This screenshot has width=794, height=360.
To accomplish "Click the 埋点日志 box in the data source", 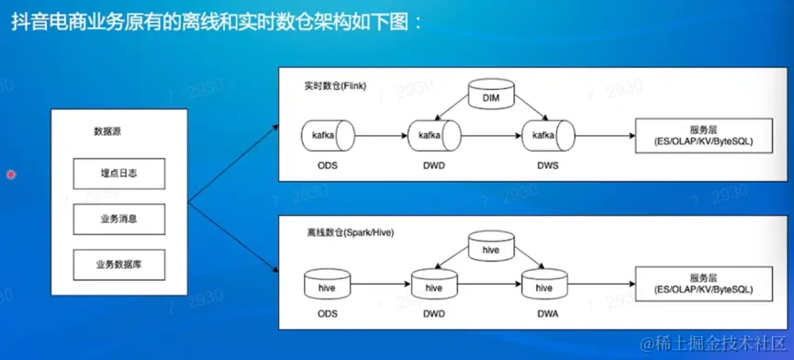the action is (x=119, y=174).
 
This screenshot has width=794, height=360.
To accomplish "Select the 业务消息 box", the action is (x=119, y=219).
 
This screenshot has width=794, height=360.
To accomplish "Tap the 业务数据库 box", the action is (x=119, y=264).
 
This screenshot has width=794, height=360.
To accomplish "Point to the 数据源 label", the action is (x=107, y=131).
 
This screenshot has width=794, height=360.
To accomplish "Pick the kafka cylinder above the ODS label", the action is (x=328, y=136).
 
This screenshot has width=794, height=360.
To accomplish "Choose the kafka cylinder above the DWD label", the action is (x=434, y=136).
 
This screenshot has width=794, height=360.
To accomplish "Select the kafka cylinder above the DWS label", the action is (x=548, y=136).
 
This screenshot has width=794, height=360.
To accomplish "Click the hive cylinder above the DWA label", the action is (x=544, y=285).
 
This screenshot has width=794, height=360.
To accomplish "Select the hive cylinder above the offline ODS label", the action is (x=327, y=285).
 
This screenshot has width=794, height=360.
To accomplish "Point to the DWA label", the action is (x=547, y=314).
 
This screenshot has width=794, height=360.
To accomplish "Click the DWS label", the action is (x=548, y=165).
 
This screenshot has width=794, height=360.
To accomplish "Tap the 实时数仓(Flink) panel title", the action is (x=331, y=86).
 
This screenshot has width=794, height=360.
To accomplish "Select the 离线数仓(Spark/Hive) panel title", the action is (x=351, y=233).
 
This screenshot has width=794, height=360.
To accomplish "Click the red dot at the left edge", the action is (x=11, y=174).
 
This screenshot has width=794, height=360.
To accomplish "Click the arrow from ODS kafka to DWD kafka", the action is (x=382, y=136).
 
